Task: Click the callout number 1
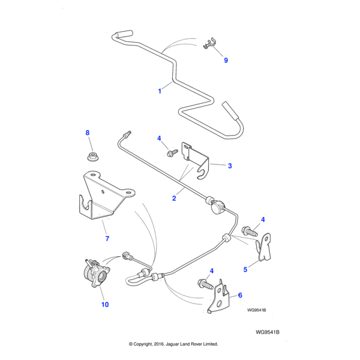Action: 160,91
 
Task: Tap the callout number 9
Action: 226,60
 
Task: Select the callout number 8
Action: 88,133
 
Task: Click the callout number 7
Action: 107,239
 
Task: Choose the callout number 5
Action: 245,269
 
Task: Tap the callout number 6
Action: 240,295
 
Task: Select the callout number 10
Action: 105,305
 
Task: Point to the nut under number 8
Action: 92,158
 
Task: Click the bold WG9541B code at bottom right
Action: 268,331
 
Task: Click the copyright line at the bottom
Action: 173,344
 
